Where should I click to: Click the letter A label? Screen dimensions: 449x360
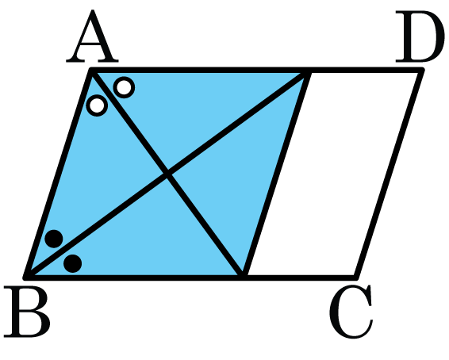92,36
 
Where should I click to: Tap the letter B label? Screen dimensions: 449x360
27,312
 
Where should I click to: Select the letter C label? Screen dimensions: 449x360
351,311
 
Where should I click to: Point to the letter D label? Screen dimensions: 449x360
420,36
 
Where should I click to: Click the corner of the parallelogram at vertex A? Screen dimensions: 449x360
92,70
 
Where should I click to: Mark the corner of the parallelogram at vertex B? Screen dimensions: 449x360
26,277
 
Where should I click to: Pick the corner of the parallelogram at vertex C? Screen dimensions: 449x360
356,277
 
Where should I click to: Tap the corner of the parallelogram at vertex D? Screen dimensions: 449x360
421,70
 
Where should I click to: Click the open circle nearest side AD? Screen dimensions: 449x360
124,87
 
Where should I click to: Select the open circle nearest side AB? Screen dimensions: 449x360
97,105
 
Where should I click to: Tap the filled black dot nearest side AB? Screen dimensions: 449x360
54,239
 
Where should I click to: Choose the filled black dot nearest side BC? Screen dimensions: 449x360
73,263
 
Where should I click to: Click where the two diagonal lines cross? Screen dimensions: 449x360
168,174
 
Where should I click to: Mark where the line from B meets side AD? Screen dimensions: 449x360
308,71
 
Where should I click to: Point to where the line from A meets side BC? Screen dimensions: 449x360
243,277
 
